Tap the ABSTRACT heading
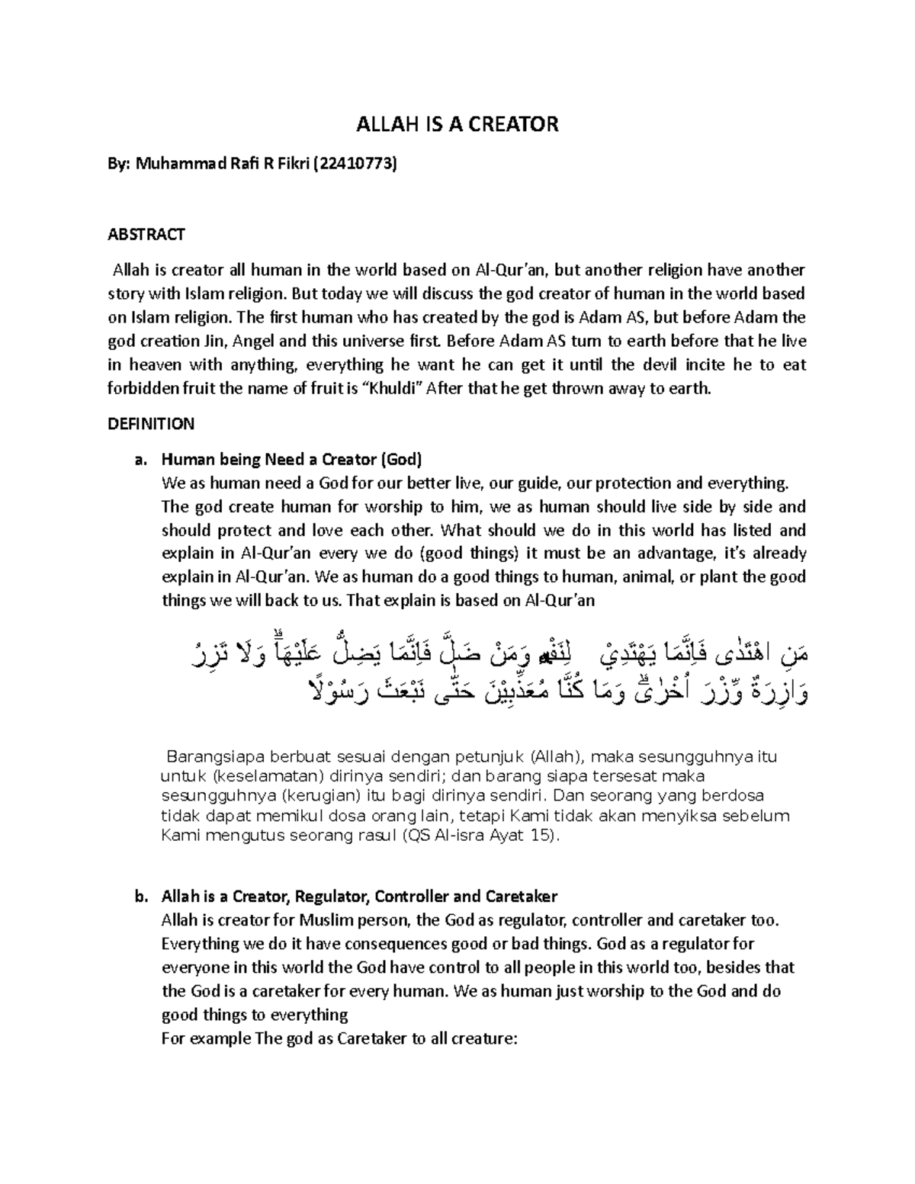(146, 234)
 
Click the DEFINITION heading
(151, 423)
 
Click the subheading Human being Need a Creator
(292, 460)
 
